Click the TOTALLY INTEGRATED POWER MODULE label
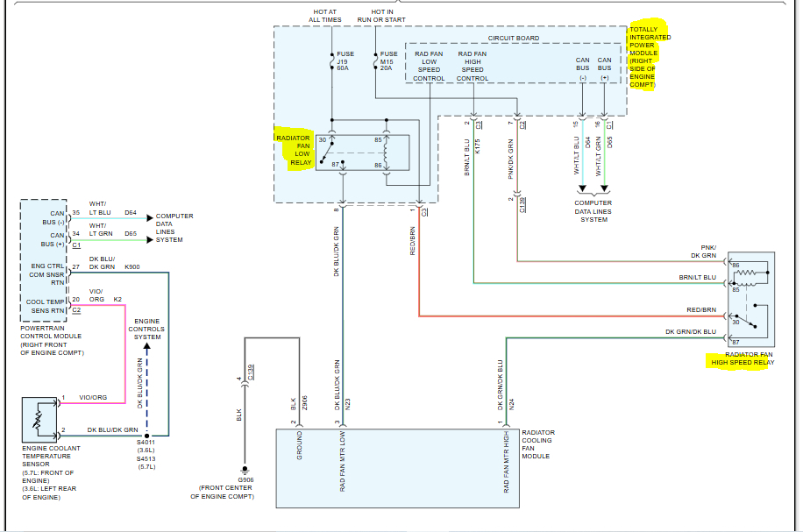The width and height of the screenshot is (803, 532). (650, 57)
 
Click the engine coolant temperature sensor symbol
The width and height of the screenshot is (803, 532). (39, 419)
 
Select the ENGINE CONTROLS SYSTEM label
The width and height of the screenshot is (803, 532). (147, 330)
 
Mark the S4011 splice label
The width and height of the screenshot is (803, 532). (146, 443)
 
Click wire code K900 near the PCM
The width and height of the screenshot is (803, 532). (131, 266)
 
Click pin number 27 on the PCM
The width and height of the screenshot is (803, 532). (76, 266)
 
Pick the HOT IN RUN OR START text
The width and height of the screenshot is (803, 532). (381, 15)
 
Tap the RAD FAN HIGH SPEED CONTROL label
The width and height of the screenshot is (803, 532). (473, 66)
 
